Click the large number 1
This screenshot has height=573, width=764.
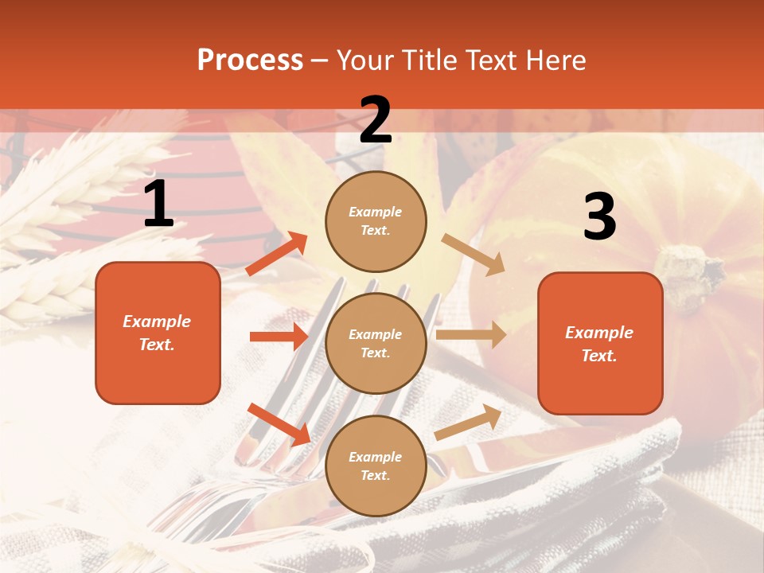pyautogui.click(x=158, y=205)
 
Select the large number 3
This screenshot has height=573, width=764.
pyautogui.click(x=599, y=217)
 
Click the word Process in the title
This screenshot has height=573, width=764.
pyautogui.click(x=250, y=60)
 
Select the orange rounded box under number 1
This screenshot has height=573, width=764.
pyautogui.click(x=158, y=333)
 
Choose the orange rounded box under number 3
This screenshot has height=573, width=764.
pyautogui.click(x=600, y=343)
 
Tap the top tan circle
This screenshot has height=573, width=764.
pyautogui.click(x=376, y=221)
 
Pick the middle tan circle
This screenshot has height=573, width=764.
pyautogui.click(x=376, y=343)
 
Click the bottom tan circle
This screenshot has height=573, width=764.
pyautogui.click(x=376, y=466)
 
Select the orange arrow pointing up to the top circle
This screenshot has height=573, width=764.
pyautogui.click(x=277, y=254)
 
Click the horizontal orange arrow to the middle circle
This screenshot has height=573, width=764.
pyautogui.click(x=279, y=337)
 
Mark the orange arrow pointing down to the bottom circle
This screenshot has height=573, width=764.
pyautogui.click(x=279, y=423)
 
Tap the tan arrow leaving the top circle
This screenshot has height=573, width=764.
pyautogui.click(x=474, y=254)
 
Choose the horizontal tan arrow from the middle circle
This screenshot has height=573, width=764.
pyautogui.click(x=471, y=335)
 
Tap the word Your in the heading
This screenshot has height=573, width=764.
pyautogui.click(x=365, y=60)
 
